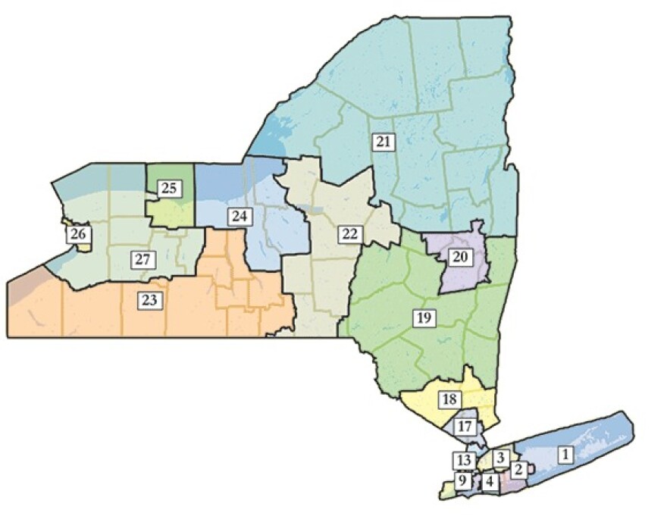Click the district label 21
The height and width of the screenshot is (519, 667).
point(384,141)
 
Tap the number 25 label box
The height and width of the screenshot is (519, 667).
point(170,188)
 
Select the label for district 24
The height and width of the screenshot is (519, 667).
point(240,217)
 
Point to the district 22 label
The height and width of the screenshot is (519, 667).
point(349,233)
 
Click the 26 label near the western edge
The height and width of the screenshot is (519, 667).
point(77,234)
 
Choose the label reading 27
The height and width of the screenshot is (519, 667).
point(142,258)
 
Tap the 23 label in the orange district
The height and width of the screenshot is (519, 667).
point(149,300)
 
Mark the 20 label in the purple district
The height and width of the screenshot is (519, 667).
point(460,256)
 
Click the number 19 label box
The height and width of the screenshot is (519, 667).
point(424,317)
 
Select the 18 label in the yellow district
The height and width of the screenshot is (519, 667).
point(449,399)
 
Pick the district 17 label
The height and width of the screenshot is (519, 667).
point(465,427)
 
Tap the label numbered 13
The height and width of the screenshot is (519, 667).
point(465,459)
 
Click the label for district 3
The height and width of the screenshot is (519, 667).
point(500,457)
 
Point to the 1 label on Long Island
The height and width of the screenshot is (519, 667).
point(564,455)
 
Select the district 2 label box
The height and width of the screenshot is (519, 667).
point(518,470)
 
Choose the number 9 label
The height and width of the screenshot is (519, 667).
point(462,479)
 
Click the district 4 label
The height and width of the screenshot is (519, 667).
point(490,480)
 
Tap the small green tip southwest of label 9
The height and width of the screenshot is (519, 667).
point(445,493)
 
